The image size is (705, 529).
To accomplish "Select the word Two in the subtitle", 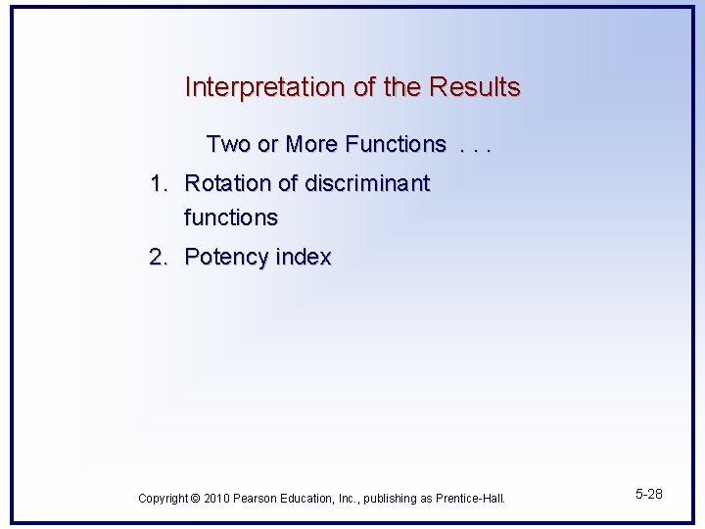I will pos(228,144).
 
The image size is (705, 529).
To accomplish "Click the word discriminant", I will pos(367,183).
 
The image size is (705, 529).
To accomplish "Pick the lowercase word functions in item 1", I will pos(231,217).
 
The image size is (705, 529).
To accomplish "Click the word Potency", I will pos(227,257).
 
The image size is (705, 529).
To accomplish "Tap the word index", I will pos(304,257).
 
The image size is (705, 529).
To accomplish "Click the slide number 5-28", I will pos(647,494).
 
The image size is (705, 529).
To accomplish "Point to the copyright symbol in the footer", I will pos(196,499).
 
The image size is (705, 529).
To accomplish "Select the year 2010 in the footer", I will pos(217,499).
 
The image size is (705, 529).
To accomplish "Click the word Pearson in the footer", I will pos(258,499).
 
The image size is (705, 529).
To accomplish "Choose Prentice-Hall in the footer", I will pos(470,499).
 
